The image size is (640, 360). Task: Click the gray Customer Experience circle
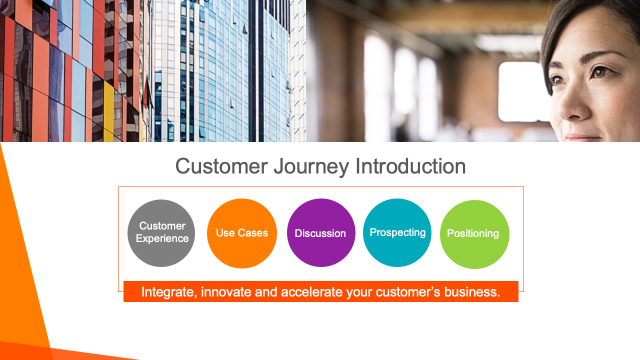161,233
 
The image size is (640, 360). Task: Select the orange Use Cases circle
242,233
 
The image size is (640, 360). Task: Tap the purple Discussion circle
321,233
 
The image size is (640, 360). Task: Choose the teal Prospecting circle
397,232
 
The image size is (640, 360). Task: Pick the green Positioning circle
474,234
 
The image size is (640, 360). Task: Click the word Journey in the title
311,166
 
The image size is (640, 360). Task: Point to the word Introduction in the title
410,166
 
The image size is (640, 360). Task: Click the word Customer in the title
221,166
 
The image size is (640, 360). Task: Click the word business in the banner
472,292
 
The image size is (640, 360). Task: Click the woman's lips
583,137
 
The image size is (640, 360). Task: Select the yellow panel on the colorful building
108,111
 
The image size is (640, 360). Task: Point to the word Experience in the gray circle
162,238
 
